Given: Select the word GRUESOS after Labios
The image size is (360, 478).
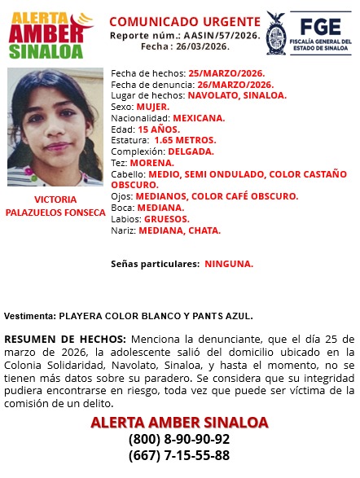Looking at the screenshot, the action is pyautogui.click(x=166, y=219).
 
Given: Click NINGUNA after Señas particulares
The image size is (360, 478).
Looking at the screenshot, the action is pyautogui.click(x=228, y=264).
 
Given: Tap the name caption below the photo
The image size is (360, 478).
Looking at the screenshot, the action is pyautogui.click(x=56, y=206).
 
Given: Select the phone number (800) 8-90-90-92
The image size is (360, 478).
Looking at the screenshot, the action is pyautogui.click(x=179, y=440).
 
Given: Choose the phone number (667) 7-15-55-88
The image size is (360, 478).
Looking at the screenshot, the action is pyautogui.click(x=179, y=456).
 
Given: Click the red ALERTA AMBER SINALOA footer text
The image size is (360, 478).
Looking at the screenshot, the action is pyautogui.click(x=179, y=423).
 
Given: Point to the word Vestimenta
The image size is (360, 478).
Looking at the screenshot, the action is pyautogui.click(x=29, y=315).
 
